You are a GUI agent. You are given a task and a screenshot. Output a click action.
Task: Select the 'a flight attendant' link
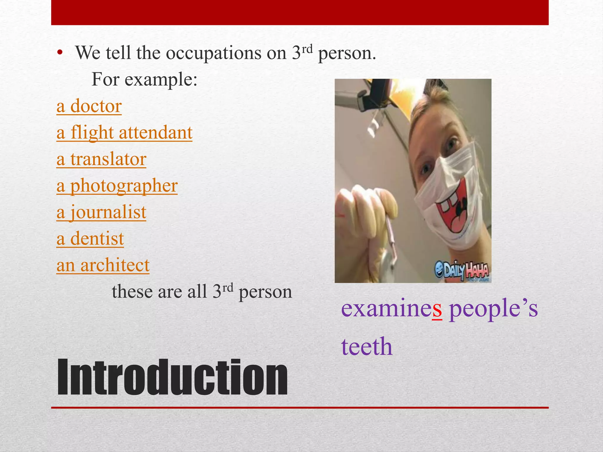[124, 133]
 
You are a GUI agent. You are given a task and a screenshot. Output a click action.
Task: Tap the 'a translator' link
[101, 159]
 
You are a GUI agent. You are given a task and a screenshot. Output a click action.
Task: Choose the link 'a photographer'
[117, 186]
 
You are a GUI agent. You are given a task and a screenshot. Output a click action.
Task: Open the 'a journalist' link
[101, 212]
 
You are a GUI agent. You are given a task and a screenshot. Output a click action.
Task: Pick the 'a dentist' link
[90, 239]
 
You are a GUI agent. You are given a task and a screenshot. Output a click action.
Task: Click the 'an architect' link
[103, 265]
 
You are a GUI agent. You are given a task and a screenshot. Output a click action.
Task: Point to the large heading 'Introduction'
[172, 378]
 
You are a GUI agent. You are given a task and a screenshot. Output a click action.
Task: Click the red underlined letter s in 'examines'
[437, 309]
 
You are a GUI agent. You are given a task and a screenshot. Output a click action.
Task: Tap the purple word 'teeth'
[367, 347]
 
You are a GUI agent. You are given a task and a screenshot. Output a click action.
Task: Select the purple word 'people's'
[493, 309]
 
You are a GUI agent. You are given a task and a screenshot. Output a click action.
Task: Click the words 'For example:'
[144, 79]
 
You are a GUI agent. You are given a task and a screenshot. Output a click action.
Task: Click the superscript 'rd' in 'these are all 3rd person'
[227, 288]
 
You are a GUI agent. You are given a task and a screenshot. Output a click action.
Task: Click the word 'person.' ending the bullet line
[347, 54]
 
